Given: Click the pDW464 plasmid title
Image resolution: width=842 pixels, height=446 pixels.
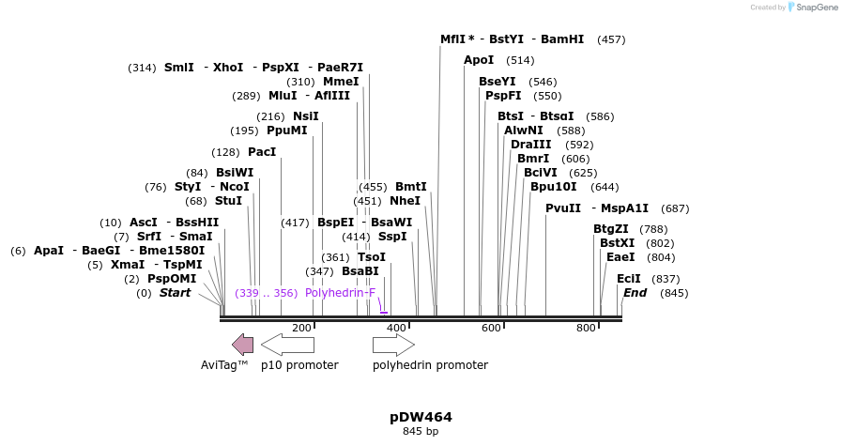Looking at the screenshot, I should pos(421,417).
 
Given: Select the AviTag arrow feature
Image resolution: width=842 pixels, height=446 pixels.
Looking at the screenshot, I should pos(243,345).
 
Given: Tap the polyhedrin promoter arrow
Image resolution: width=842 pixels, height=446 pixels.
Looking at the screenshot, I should pos(393,345).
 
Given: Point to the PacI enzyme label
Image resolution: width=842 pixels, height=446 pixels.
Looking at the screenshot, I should pos(262,152).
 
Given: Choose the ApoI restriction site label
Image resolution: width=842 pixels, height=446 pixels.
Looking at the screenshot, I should pos(479,60).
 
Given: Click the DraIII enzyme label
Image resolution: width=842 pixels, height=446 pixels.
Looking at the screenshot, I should pos(531,145).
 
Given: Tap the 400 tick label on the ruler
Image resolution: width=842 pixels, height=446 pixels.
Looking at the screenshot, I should pos(396,328).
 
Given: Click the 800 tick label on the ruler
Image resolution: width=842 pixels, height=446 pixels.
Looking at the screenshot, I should pos(586,328).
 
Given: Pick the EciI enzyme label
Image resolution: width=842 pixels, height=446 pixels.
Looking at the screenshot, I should pos(629,279).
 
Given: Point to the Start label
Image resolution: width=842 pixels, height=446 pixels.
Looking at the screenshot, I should pos(175,293).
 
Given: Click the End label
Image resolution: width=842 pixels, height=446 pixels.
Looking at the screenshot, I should pos(635,293).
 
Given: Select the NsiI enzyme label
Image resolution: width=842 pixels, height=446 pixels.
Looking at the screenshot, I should pos(306,116).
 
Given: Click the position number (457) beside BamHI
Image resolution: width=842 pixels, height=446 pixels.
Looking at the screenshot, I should pos(611,39).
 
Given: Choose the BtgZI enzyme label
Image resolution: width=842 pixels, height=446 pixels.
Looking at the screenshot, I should pos(611,229).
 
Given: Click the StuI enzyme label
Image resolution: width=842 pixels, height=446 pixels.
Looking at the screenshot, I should pos(228,201).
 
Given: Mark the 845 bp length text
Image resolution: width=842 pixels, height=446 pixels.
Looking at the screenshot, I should pos(421,432).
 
